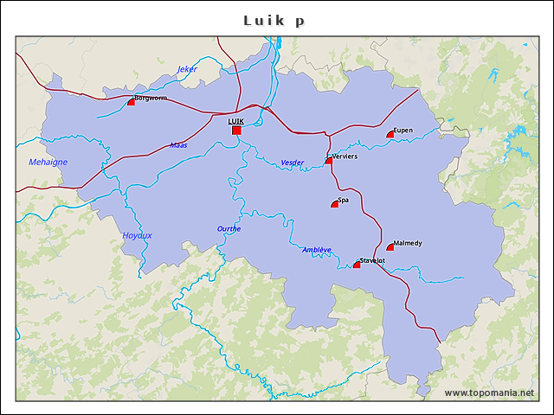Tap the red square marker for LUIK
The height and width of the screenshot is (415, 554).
(236, 131)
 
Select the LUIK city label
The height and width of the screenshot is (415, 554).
(235, 121)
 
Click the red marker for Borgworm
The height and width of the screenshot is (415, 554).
(132, 101)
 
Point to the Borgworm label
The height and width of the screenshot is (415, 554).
(151, 98)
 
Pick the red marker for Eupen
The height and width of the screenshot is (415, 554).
(390, 134)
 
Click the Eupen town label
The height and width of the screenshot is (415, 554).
(403, 131)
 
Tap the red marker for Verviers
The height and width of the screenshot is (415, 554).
(329, 160)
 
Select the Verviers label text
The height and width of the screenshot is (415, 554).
(345, 156)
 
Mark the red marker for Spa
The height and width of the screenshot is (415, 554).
(335, 204)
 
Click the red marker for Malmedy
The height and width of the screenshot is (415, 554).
(390, 247)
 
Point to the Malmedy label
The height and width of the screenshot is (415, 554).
(408, 243)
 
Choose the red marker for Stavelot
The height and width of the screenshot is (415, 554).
(357, 265)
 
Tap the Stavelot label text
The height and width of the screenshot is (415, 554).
(372, 260)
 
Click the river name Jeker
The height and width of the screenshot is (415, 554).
(188, 69)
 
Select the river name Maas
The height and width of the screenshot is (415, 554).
(178, 145)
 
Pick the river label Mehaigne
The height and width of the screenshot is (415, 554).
(48, 162)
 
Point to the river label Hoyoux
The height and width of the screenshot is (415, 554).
(137, 235)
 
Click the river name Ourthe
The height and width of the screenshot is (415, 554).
(229, 229)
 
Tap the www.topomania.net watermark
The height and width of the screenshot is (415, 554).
(489, 393)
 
